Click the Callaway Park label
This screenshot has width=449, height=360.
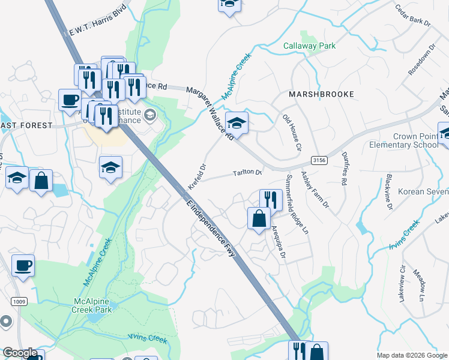(x=309, y=46)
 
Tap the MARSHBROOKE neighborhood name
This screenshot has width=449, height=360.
(x=321, y=94)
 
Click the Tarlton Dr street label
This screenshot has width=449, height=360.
(x=248, y=173)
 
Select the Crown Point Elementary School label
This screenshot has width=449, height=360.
(x=408, y=141)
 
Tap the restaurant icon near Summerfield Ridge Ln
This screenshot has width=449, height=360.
(x=271, y=199)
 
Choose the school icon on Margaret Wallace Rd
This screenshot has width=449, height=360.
(x=237, y=122)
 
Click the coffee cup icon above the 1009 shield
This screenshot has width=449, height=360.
(x=23, y=265)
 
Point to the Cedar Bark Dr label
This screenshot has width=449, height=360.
(x=412, y=15)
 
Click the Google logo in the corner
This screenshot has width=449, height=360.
(x=20, y=353)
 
